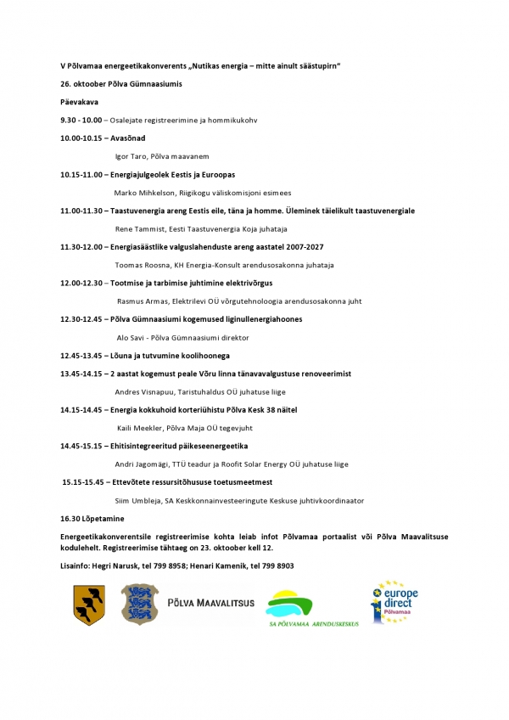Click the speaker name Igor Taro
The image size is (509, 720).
click(131, 156)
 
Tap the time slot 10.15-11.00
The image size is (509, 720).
click(81, 174)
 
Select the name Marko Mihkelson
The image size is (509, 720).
click(143, 193)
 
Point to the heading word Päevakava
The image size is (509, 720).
click(79, 102)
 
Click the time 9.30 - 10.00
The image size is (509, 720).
click(81, 120)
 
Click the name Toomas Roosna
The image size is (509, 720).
click(142, 265)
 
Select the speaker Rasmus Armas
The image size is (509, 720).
click(142, 301)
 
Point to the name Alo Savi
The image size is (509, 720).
click(129, 337)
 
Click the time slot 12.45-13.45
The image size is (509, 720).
click(81, 355)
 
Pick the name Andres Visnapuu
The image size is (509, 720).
click(145, 392)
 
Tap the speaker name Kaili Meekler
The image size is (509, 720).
click(140, 428)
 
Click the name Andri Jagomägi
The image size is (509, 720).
click(142, 464)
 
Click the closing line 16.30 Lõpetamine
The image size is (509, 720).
click(92, 518)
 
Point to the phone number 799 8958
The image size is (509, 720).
click(180, 565)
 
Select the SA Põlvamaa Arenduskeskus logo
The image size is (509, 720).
click(312, 609)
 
